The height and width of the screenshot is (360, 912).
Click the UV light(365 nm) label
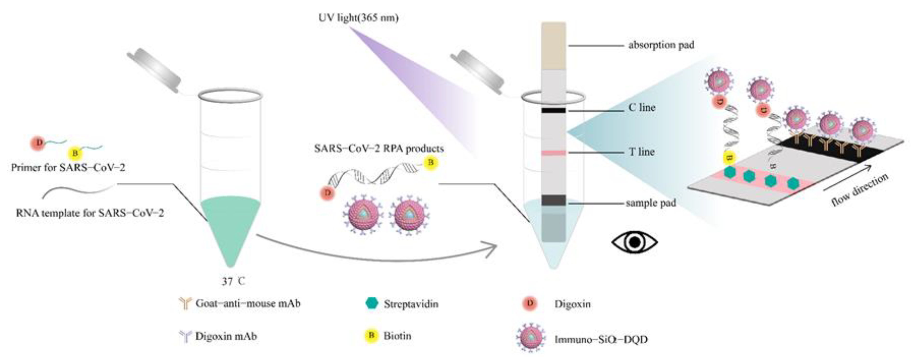point(358,18)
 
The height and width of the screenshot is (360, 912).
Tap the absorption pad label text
point(661,45)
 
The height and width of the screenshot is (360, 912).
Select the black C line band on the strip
point(553,110)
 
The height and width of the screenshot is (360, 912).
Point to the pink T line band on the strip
point(553,153)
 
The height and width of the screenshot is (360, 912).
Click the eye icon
point(635,242)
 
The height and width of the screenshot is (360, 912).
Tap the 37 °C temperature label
point(233,281)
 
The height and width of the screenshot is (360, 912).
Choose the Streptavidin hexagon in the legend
point(372,303)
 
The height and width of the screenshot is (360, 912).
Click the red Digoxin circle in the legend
point(530,303)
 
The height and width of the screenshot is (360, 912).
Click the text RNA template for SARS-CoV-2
point(90,213)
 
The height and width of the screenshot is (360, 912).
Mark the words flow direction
point(860,189)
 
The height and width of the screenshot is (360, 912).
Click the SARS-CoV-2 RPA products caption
point(379,148)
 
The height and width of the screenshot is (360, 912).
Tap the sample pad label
point(651,203)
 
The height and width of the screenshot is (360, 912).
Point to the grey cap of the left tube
point(154,70)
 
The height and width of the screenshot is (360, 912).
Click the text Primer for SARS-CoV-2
point(68,167)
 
